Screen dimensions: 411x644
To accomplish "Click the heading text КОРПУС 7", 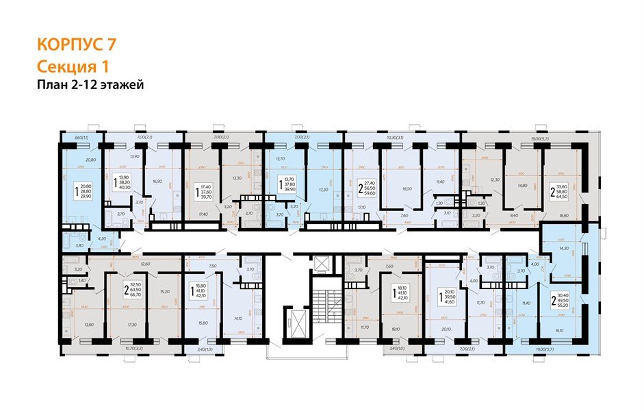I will (x=76, y=46).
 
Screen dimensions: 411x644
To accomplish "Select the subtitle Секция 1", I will (x=72, y=66).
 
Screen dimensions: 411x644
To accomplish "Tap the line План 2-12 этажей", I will (x=90, y=85).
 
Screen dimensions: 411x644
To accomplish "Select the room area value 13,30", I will (x=236, y=177).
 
